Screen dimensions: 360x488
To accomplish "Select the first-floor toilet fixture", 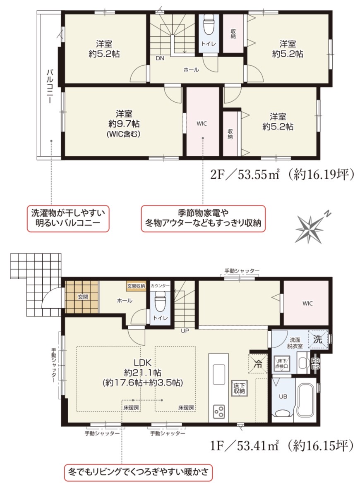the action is coord(160,302).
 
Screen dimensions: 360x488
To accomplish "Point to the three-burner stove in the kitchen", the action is coord(219,412).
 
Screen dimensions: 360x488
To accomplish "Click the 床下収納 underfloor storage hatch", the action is coord(239,388).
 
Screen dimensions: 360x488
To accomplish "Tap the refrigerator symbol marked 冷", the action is coord(258,363).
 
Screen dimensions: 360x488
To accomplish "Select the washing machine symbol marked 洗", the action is coord(318,339).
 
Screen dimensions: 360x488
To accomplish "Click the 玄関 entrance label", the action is coord(83,297).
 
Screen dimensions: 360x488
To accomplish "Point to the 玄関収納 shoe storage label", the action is coord(136,286).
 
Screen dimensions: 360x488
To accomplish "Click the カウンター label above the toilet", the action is coord(160,286).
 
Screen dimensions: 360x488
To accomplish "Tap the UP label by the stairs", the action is coord(185,331).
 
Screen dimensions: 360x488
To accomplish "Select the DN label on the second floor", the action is coord(160,58).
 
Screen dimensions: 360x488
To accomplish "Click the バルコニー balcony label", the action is coord(50,86).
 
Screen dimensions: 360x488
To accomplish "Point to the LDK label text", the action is coord(143,362).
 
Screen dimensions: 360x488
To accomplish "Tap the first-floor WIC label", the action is coord(307,304).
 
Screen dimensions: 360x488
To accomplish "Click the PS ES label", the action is coord(315,364).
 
